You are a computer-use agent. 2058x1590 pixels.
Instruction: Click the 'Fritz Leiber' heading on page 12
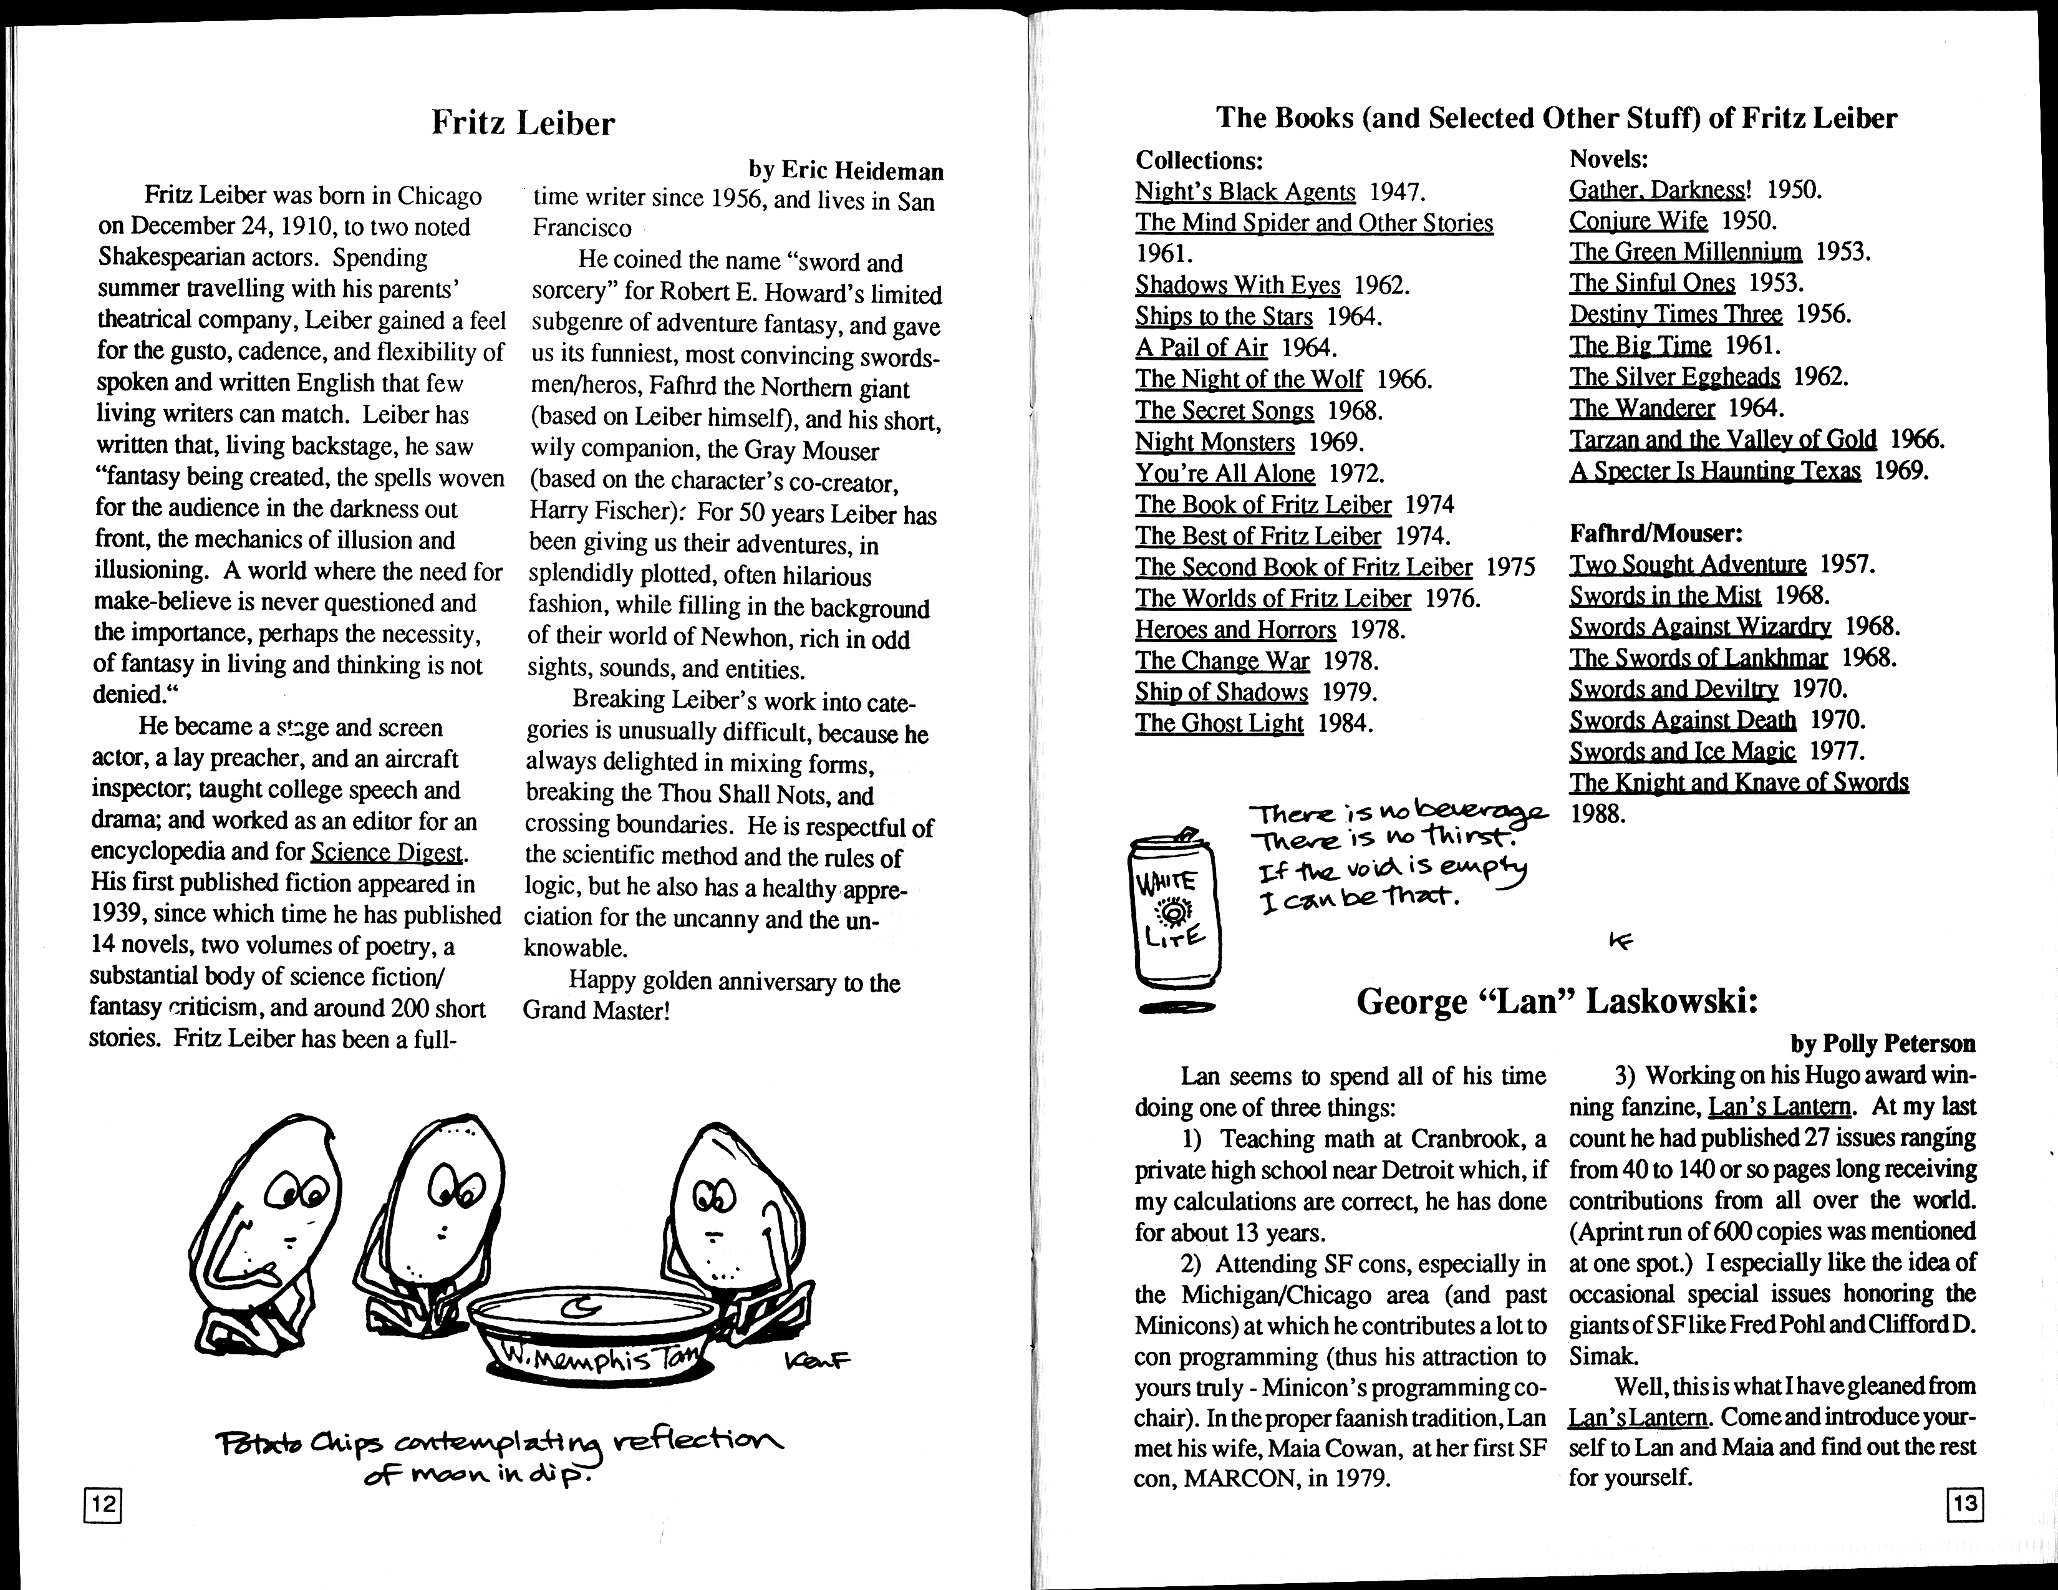pyautogui.click(x=523, y=123)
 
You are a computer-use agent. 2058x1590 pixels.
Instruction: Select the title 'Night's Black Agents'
pyautogui.click(x=1245, y=192)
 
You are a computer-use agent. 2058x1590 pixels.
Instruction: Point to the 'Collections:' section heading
pyautogui.click(x=1199, y=160)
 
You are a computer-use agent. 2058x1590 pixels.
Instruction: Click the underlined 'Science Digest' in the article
pyautogui.click(x=387, y=852)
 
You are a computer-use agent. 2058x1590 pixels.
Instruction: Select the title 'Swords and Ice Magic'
pyautogui.click(x=1682, y=752)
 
